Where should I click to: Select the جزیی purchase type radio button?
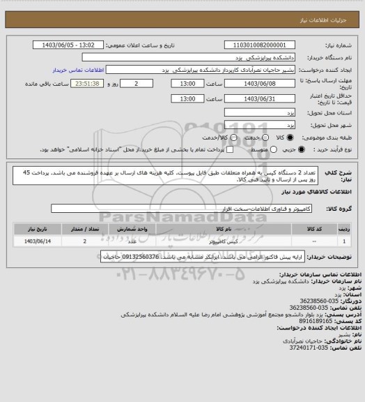(x=300, y=149)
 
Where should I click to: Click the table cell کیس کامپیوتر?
(x=224, y=241)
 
